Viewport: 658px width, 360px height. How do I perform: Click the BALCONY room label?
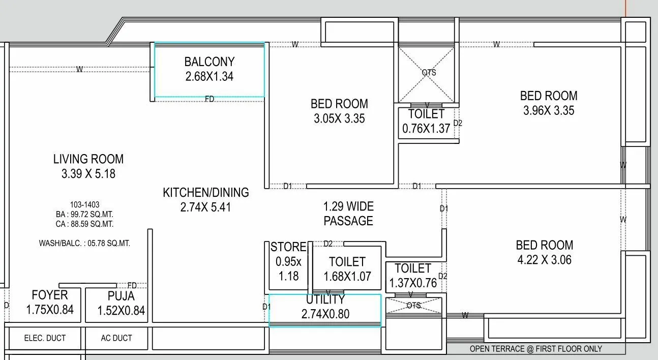pyautogui.click(x=209, y=62)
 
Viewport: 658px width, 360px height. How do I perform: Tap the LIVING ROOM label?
pyautogui.click(x=88, y=159)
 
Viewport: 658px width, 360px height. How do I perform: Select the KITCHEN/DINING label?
pyautogui.click(x=205, y=192)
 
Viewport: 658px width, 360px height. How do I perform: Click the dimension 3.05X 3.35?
pyautogui.click(x=339, y=119)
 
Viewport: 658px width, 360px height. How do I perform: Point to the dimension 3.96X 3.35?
pyautogui.click(x=549, y=110)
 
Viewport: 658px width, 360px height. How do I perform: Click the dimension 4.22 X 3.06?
pyautogui.click(x=544, y=260)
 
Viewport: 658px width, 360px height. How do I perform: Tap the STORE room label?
pyautogui.click(x=288, y=247)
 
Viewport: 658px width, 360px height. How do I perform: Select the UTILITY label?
pyautogui.click(x=325, y=299)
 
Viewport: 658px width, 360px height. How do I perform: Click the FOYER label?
pyautogui.click(x=49, y=295)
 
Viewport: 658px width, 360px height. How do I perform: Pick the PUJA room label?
pyautogui.click(x=121, y=296)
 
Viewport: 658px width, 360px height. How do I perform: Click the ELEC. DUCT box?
pyautogui.click(x=45, y=338)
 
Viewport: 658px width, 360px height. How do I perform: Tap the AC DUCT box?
pyautogui.click(x=116, y=338)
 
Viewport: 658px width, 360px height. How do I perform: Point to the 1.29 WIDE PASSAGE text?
pyautogui.click(x=348, y=214)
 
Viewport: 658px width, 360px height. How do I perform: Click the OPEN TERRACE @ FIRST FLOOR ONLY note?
pyautogui.click(x=535, y=349)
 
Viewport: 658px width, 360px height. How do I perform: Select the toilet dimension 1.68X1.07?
pyautogui.click(x=347, y=277)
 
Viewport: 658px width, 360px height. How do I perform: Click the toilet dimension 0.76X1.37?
pyautogui.click(x=426, y=129)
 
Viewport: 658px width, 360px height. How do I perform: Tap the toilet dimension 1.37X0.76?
pyautogui.click(x=413, y=283)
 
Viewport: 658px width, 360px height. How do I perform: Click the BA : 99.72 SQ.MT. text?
pyautogui.click(x=84, y=215)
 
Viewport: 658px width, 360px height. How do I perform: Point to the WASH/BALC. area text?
pyautogui.click(x=84, y=244)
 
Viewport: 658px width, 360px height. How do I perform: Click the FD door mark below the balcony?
pyautogui.click(x=210, y=99)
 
